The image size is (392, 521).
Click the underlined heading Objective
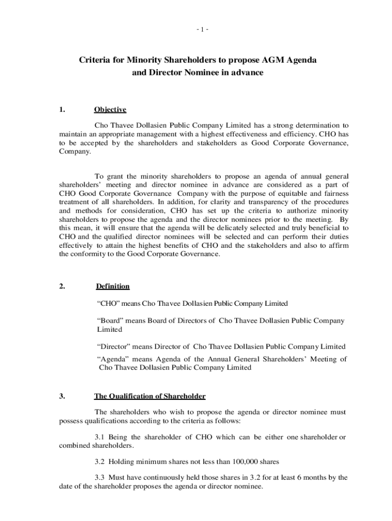point(110,110)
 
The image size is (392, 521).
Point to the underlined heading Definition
point(113,286)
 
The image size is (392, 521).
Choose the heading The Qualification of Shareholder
point(150,396)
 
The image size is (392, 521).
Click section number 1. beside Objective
point(63,110)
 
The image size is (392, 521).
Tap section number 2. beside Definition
point(63,286)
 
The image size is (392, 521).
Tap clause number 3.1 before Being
point(101,438)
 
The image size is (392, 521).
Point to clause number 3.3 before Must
point(101,478)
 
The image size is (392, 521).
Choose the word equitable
point(289,193)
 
